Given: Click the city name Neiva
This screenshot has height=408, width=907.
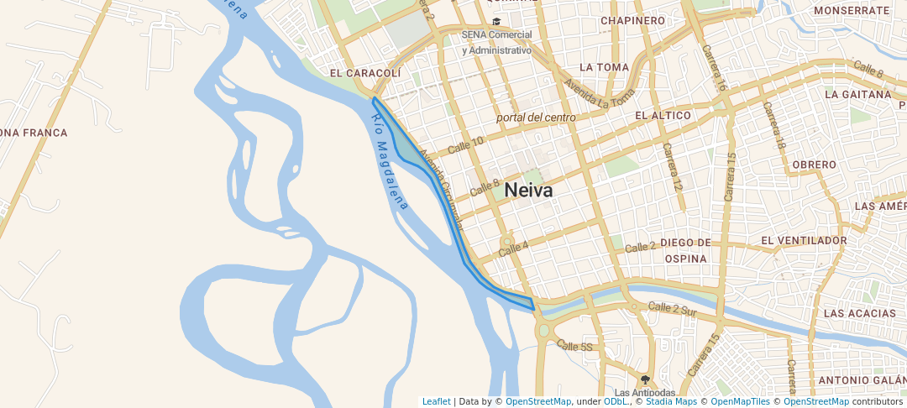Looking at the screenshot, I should (529, 191).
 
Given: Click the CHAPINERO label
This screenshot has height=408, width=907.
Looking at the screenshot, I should (633, 20).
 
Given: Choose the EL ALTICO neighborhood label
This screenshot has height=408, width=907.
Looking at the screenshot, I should (663, 115).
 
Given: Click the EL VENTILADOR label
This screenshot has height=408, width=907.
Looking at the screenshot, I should (804, 241).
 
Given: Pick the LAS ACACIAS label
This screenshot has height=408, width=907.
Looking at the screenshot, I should (860, 313).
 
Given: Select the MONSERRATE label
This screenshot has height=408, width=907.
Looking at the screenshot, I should (852, 11).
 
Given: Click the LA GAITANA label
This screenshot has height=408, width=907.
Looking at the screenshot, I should (857, 95).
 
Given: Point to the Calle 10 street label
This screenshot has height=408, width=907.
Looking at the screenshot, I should (466, 144).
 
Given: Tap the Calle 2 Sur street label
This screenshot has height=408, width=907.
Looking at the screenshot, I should (673, 309).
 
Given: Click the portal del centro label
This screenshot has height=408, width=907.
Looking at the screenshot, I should (536, 118).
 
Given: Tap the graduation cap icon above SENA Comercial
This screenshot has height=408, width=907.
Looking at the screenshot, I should (496, 22).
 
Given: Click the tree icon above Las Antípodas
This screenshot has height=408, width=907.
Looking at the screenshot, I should (644, 379).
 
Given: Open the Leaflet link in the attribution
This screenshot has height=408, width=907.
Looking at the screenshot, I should (435, 401).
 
